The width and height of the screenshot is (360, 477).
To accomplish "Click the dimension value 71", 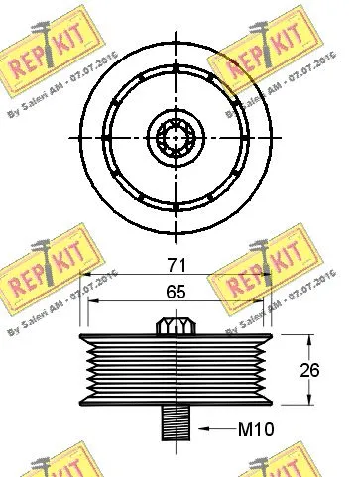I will coord(175,266).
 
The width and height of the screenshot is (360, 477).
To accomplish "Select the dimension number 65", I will coord(175,293).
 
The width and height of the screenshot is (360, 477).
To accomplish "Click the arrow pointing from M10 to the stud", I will coord(209,429).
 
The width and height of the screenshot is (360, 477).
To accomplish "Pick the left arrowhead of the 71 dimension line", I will coord(83,277).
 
